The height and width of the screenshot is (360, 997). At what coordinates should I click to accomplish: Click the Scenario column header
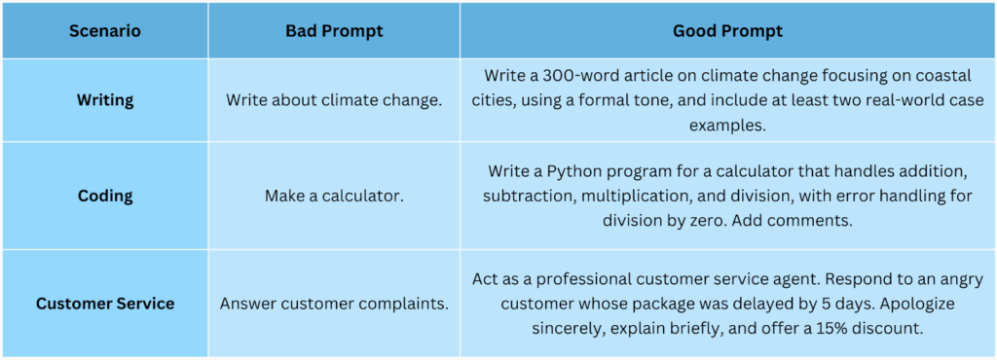coord(105,31)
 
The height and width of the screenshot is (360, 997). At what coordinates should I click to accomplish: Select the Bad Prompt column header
coord(335,31)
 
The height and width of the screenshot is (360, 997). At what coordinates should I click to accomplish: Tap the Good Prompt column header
coord(728,31)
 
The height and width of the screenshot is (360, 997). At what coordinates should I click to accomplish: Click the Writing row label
coord(105,100)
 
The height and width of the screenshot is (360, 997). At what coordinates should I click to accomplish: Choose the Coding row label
coord(105,196)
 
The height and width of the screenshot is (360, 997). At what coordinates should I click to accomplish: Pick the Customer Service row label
coord(105,304)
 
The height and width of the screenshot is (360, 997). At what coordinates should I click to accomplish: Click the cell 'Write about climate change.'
coord(335,100)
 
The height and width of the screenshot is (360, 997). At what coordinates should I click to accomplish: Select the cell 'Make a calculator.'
coord(335,196)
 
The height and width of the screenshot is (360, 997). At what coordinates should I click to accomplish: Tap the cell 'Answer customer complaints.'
coord(335,304)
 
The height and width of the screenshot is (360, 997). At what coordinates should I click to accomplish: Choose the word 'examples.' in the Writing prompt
coord(728,126)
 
